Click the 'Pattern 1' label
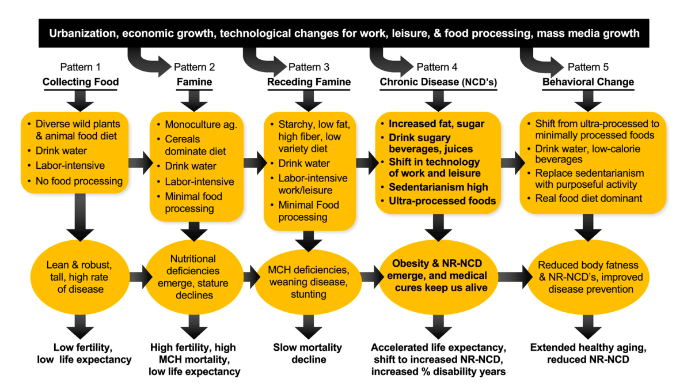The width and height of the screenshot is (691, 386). (81, 67)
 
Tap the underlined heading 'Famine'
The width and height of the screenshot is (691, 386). (194, 82)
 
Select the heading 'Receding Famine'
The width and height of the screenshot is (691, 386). (309, 82)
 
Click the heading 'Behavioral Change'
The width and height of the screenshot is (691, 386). (588, 82)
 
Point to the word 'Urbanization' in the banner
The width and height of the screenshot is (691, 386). (83, 33)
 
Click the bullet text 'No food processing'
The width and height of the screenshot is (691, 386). (79, 181)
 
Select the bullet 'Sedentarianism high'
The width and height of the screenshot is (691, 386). (438, 187)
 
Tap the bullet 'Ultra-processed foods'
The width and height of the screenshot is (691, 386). (442, 201)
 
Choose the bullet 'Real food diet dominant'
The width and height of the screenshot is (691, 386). (589, 198)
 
